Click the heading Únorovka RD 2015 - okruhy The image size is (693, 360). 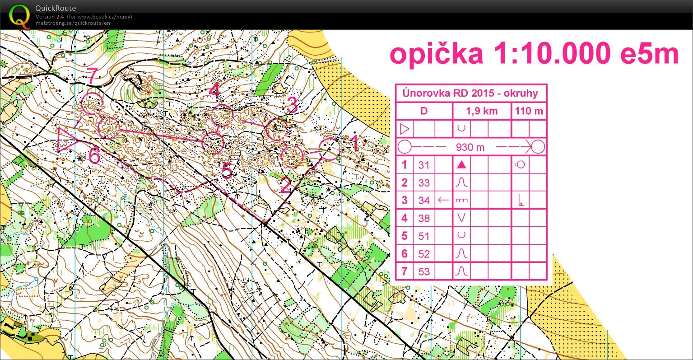click(471, 94)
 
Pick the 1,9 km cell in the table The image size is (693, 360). click(482, 111)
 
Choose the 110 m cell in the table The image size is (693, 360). click(529, 111)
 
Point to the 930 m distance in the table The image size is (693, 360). click(470, 147)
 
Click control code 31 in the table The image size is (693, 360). click(423, 165)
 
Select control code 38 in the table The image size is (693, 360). click(423, 218)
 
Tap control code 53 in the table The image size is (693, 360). click(423, 271)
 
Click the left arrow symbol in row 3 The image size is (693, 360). click(444, 200)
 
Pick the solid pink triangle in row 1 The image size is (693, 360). click(461, 165)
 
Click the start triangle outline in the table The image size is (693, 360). click(405, 129)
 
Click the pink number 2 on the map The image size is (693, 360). click(285, 185)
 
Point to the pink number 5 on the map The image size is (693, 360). click(227, 171)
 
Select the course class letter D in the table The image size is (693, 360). click(423, 111)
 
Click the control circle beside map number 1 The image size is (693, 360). click(329, 150)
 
